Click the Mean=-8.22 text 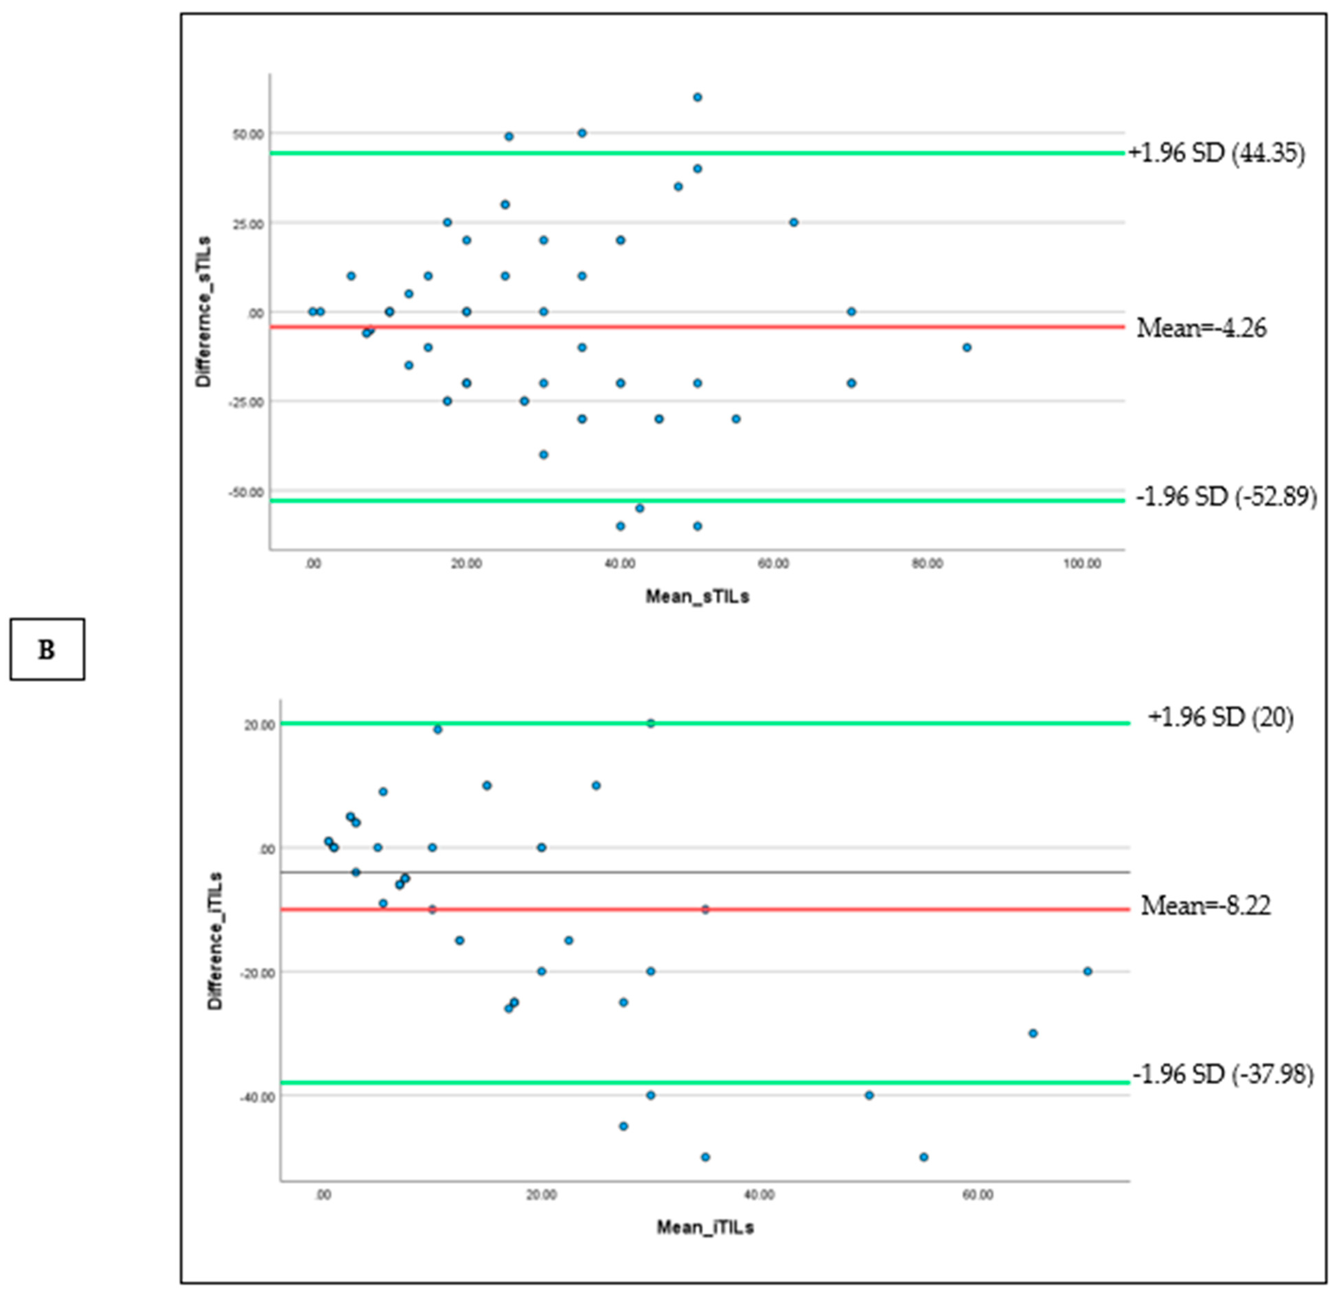tap(1206, 906)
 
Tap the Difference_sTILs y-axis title tap(204, 312)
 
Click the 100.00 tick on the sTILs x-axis tap(1082, 564)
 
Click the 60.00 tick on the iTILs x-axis tap(978, 1195)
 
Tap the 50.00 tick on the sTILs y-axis tap(247, 134)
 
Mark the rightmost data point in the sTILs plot tap(967, 348)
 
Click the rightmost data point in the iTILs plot tap(1088, 971)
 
